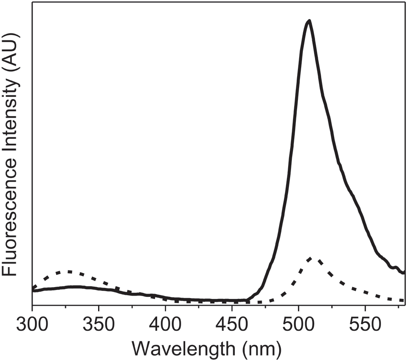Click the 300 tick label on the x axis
32,325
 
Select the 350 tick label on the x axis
98,325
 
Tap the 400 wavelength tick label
165,325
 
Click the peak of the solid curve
309,21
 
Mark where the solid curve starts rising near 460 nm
247,300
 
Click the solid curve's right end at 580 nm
404,272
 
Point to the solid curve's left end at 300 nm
33,290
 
